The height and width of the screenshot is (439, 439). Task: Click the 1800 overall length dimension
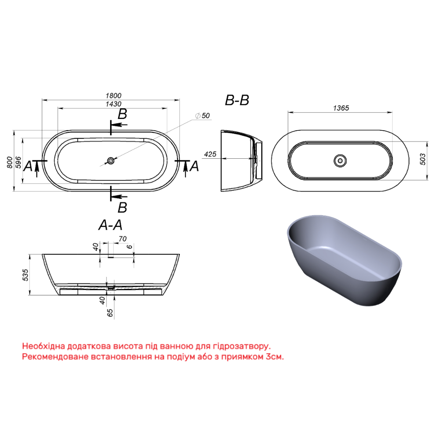tap(113, 96)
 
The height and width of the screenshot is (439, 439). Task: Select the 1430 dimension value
tap(113, 104)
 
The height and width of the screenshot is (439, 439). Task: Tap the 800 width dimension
tap(10, 162)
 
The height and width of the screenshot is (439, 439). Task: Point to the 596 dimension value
tap(18, 162)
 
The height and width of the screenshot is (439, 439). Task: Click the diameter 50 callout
tap(203, 116)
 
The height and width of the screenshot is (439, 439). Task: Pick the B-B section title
tap(237, 100)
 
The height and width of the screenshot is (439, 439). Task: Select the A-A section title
tap(110, 225)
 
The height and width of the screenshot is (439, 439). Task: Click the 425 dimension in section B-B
tap(210, 154)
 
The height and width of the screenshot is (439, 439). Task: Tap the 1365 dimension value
tap(341, 108)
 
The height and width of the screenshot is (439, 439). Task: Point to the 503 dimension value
tap(422, 159)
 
